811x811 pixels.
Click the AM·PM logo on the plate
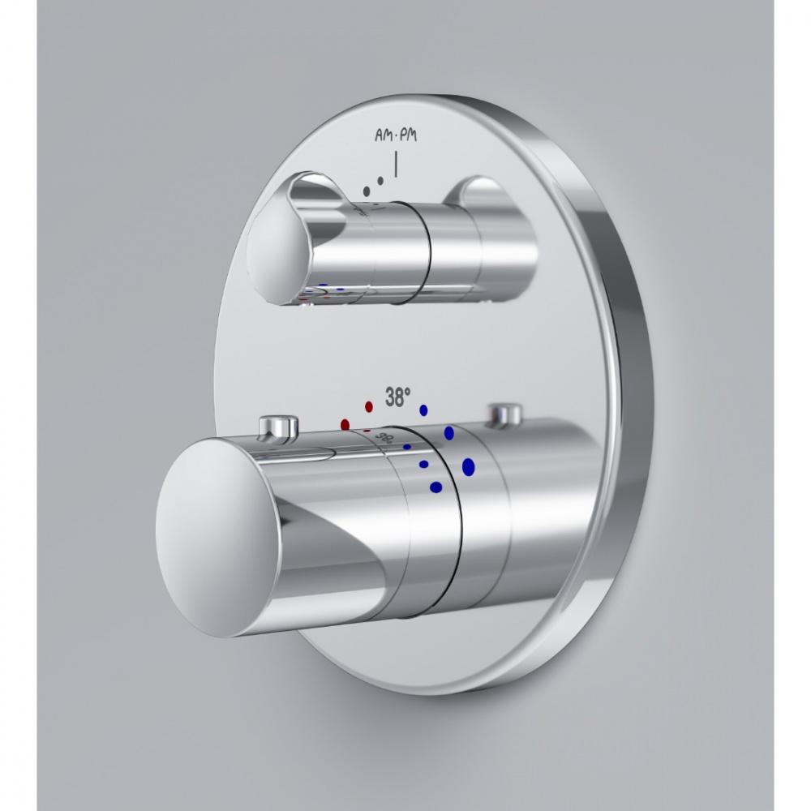click(396, 136)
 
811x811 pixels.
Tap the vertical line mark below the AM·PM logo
click(397, 165)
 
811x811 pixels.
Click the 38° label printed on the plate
click(398, 397)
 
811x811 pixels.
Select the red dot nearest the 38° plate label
click(369, 406)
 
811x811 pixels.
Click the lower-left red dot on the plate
click(345, 425)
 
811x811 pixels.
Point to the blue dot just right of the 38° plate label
click(423, 410)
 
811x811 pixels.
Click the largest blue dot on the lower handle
click(469, 466)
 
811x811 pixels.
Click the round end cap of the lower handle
click(217, 538)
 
